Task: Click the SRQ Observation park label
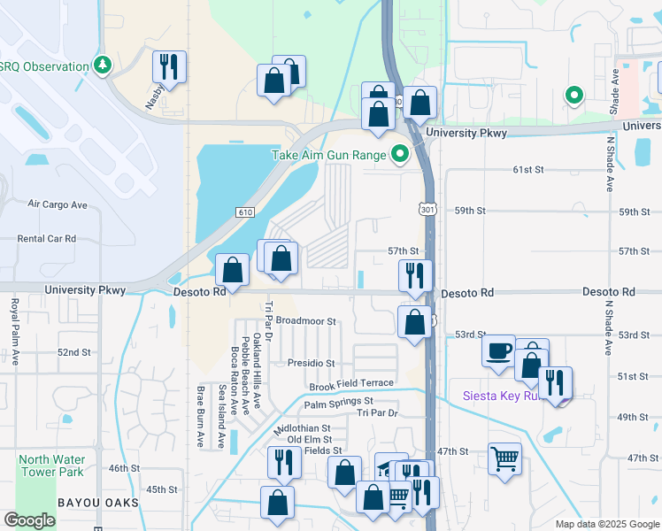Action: pos(44,66)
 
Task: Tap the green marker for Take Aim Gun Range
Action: pos(400,155)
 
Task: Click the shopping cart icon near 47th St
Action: pos(504,458)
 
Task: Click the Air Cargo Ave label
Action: pos(58,204)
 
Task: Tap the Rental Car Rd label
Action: pos(47,239)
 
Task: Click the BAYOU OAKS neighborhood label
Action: pos(98,503)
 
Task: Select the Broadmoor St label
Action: pos(307,321)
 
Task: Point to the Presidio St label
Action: pos(311,363)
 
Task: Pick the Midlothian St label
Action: pos(303,428)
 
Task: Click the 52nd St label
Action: pos(74,352)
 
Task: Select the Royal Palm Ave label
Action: pos(15,332)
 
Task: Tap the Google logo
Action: pos(30,521)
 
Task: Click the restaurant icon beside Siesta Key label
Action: pos(556,382)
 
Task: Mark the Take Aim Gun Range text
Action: pos(328,155)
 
